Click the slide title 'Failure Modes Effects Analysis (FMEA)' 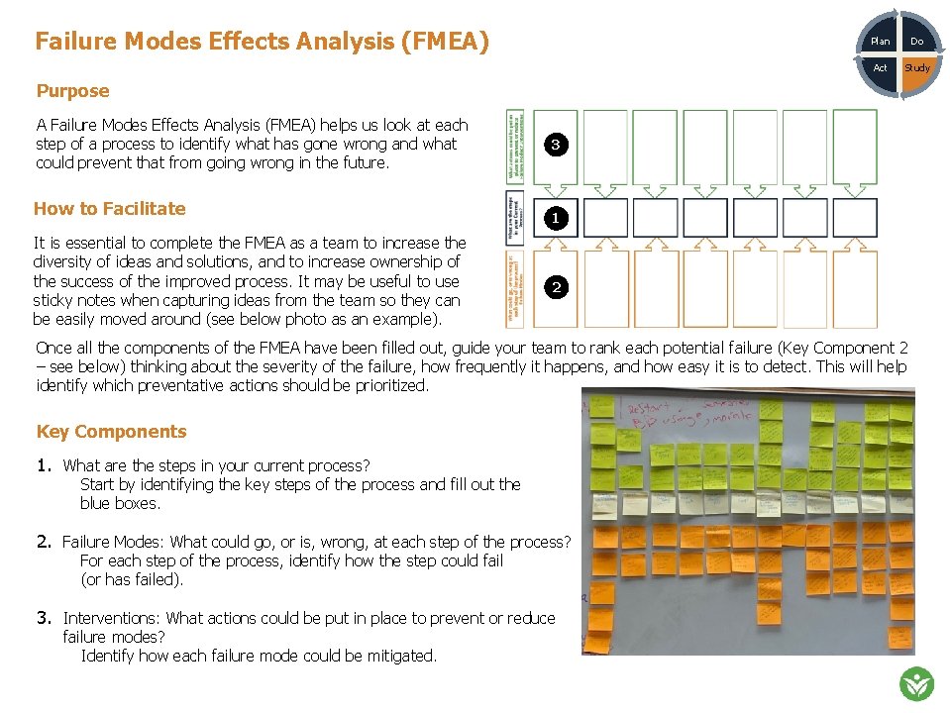(262, 42)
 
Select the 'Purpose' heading (72, 91)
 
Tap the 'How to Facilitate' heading (109, 208)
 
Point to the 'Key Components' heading (111, 432)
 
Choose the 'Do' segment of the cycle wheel (916, 42)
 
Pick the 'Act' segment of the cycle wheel (880, 68)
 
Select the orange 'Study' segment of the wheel (917, 69)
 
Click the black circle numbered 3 (556, 145)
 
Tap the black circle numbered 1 (556, 218)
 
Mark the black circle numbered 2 (556, 288)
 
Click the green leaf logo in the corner (916, 683)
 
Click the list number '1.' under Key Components (44, 465)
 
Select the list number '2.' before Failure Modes (44, 542)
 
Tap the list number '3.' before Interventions (44, 618)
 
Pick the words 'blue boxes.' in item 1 (120, 503)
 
